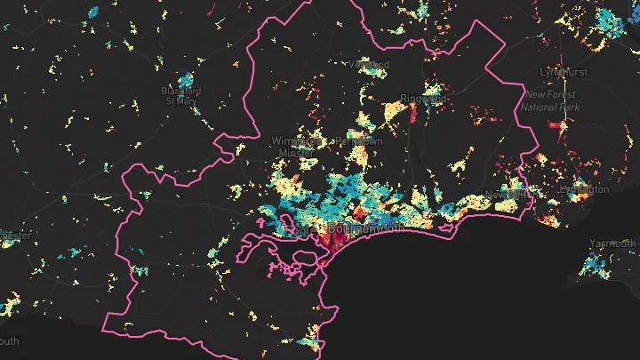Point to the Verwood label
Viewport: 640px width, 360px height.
pyautogui.click(x=370, y=65)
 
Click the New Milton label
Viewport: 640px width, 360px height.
pyautogui.click(x=506, y=194)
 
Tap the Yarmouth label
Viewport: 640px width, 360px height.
pyautogui.click(x=612, y=244)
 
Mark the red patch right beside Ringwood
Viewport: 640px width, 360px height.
pyautogui.click(x=412, y=113)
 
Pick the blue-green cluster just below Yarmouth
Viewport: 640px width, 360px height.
pyautogui.click(x=593, y=264)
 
